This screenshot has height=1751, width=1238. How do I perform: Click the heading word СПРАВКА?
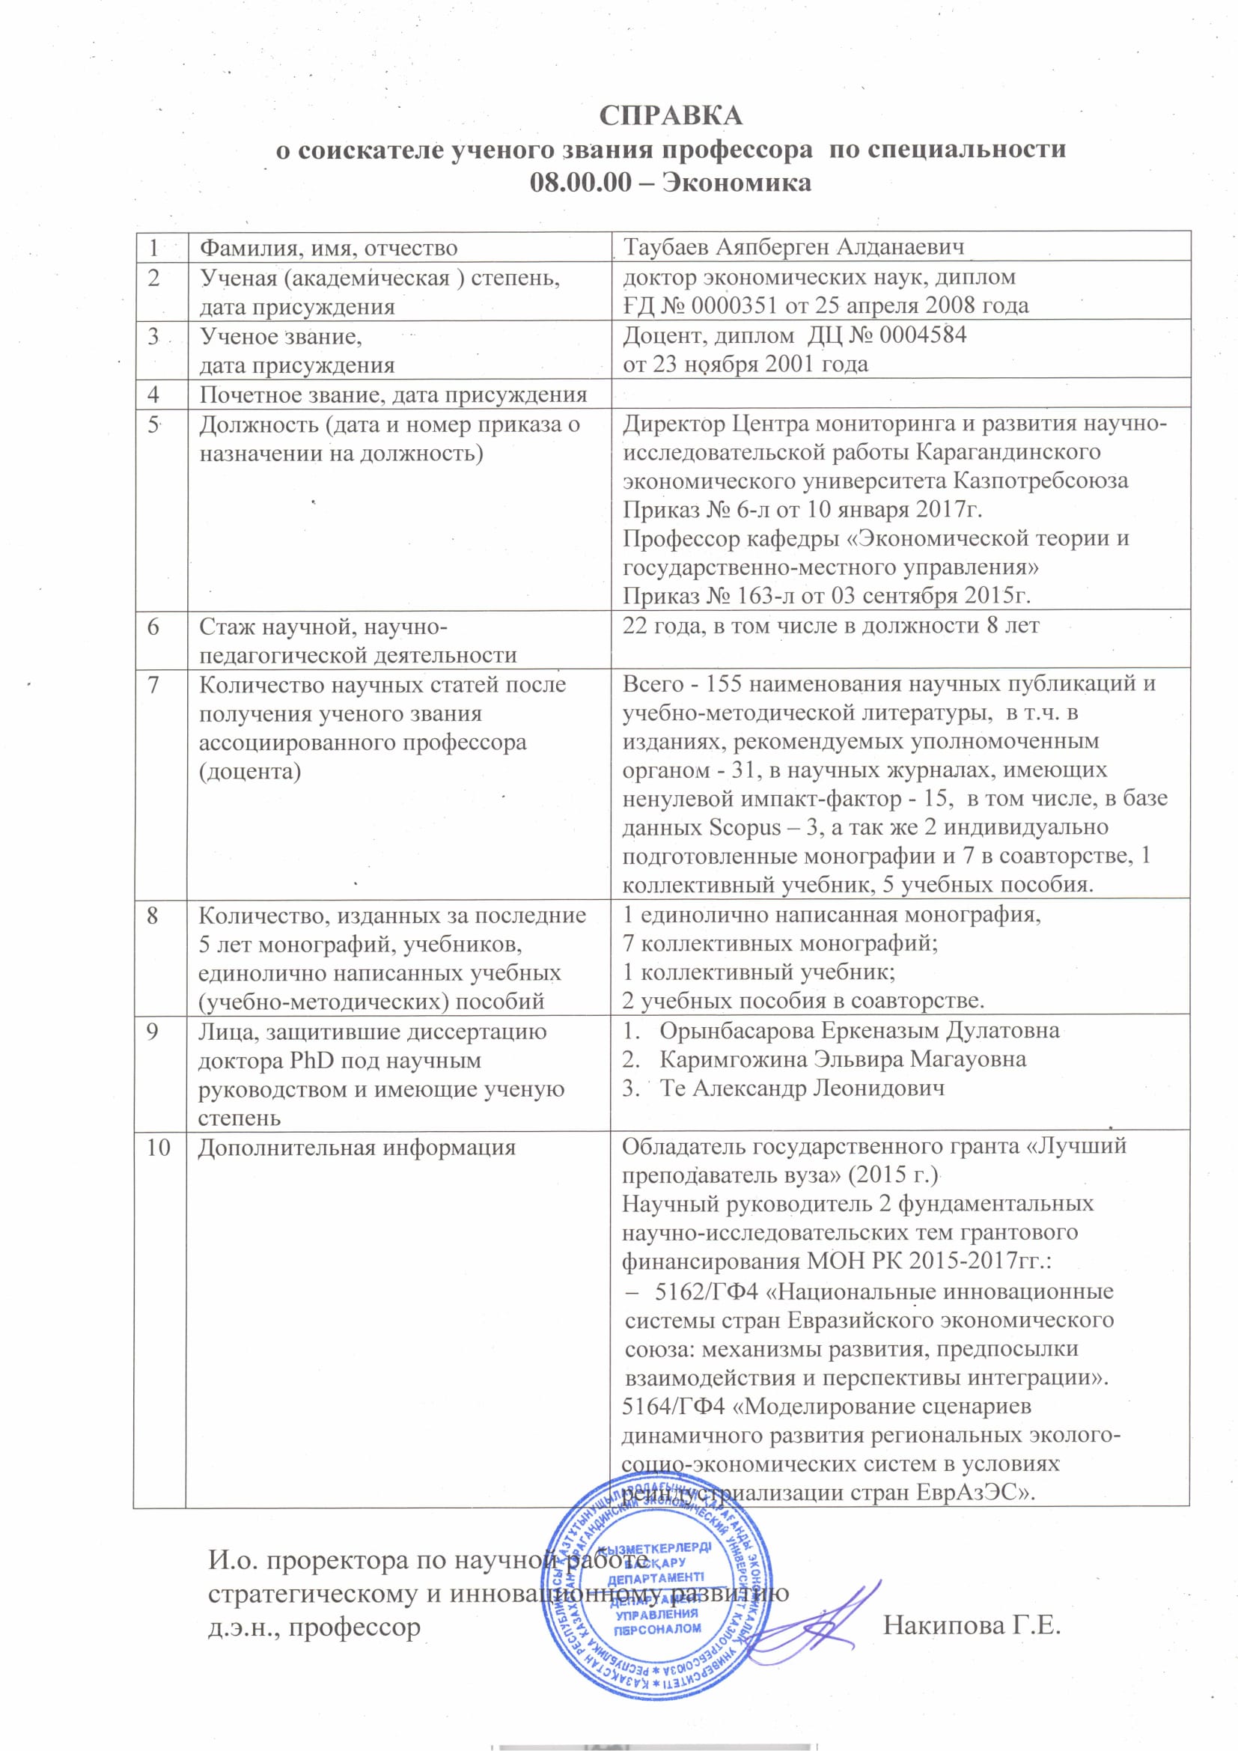(670, 116)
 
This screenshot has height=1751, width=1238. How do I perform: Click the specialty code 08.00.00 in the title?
(579, 183)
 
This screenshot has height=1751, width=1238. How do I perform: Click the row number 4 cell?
(154, 395)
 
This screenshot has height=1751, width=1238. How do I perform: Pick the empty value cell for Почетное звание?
(900, 394)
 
